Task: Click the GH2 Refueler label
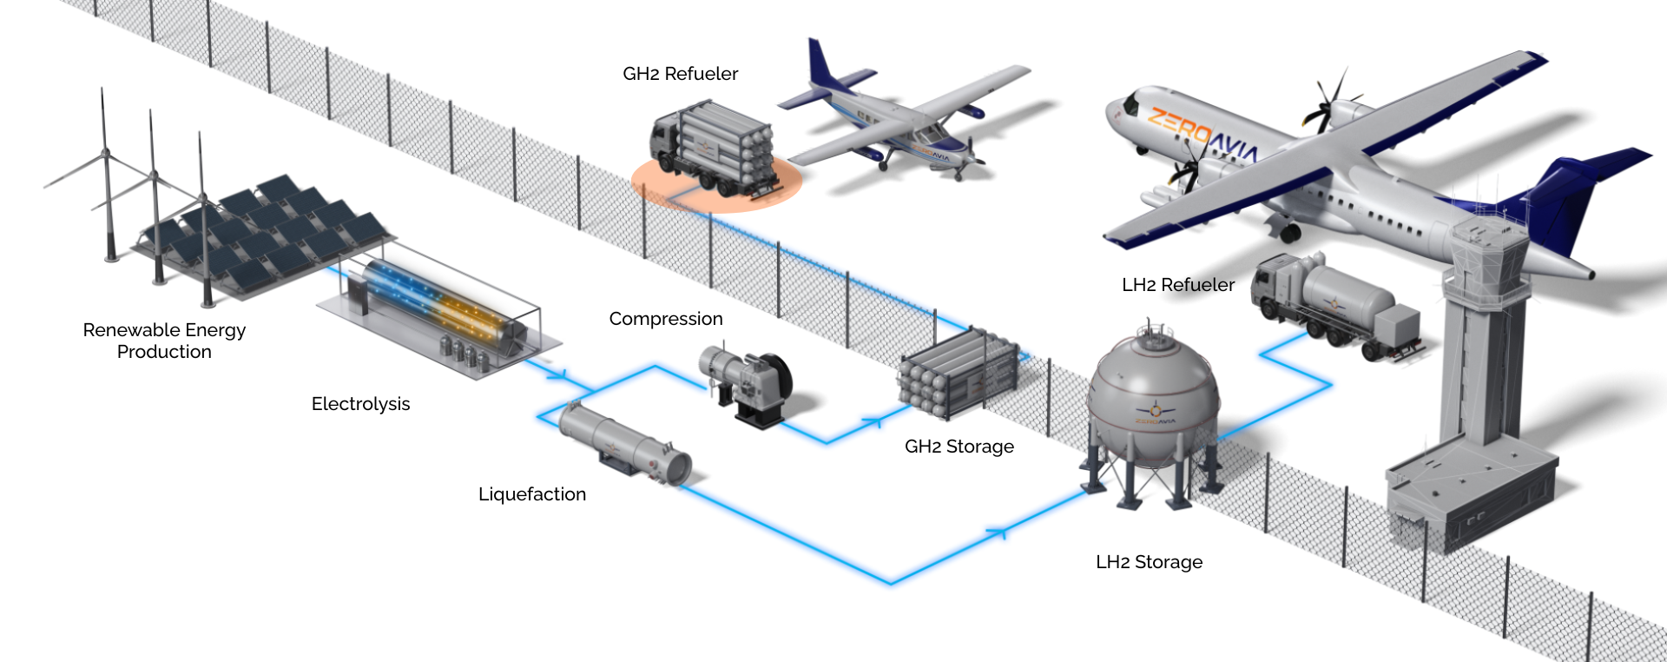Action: point(680,74)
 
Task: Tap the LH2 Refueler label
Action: point(1177,285)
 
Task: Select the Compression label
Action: point(665,319)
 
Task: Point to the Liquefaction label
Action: point(531,494)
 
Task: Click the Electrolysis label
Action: point(360,404)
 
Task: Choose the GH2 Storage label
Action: point(959,447)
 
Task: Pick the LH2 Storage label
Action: point(1149,562)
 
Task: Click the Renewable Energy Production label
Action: point(164,341)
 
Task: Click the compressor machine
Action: point(747,382)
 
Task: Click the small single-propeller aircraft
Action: point(903,122)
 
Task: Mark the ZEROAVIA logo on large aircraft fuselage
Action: point(1202,135)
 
